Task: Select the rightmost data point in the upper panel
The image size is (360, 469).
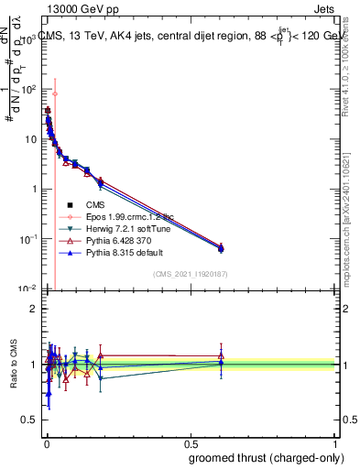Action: pos(221,247)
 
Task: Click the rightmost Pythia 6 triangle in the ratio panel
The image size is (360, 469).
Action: pos(221,355)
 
